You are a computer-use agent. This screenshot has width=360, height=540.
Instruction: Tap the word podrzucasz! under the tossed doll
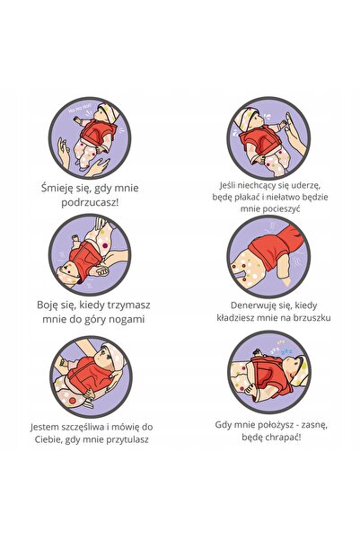pyautogui.click(x=90, y=202)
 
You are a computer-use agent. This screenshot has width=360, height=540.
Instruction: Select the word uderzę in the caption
pyautogui.click(x=306, y=185)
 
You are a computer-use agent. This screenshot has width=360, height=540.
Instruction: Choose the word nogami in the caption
pyautogui.click(x=127, y=319)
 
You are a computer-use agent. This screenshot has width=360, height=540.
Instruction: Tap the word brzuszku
pyautogui.click(x=312, y=317)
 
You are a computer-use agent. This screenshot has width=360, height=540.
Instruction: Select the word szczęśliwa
pyautogui.click(x=83, y=428)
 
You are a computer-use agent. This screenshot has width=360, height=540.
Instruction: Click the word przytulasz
pyautogui.click(x=127, y=439)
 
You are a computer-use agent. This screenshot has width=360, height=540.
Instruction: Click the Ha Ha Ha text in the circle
pyautogui.click(x=77, y=110)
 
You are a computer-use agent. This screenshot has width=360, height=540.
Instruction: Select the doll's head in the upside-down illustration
pyautogui.click(x=68, y=274)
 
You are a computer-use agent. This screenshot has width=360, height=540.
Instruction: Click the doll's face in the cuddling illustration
pyautogui.click(x=105, y=359)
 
